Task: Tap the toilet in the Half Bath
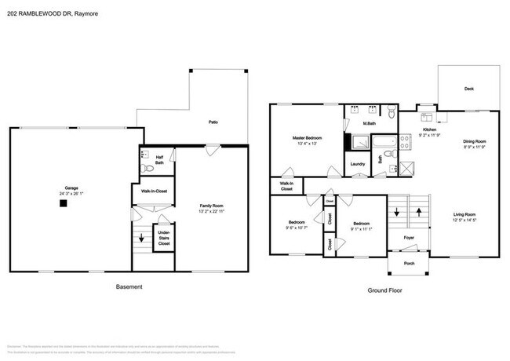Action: [x=147, y=168]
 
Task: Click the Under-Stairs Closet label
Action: [x=164, y=237]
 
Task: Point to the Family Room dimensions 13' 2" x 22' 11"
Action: [x=211, y=211]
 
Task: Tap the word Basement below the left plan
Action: [x=129, y=286]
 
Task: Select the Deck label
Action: [x=468, y=89]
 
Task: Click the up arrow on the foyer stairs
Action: [x=420, y=211]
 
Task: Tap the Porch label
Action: [x=409, y=264]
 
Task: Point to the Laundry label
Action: [x=357, y=164]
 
